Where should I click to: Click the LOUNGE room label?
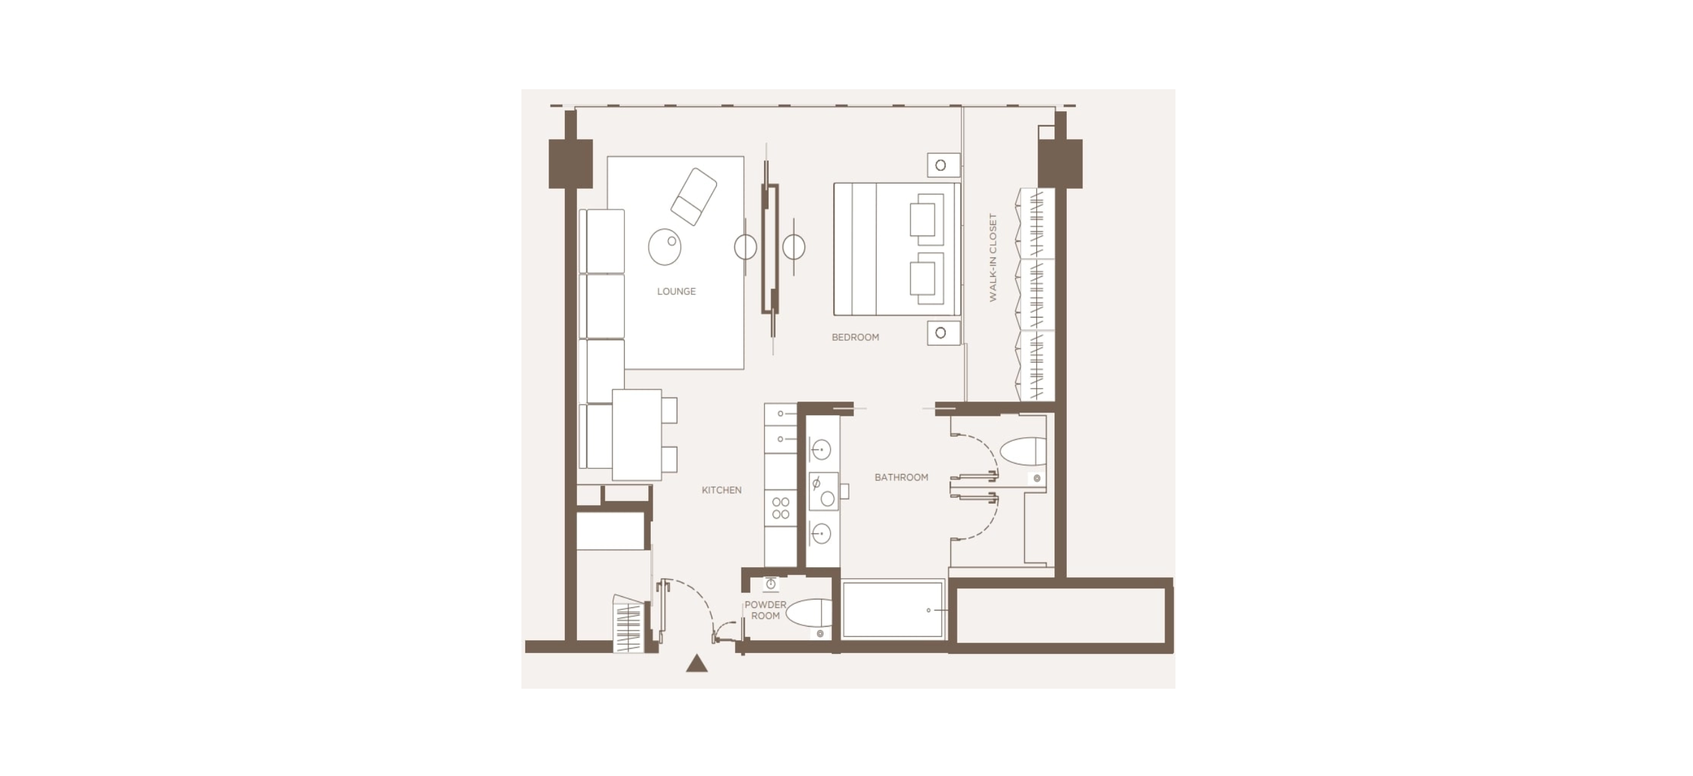coord(676,291)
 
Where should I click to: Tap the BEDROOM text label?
coord(855,337)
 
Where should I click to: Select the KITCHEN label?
coord(721,490)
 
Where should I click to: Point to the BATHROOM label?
coord(901,478)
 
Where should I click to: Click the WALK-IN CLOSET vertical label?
coord(992,257)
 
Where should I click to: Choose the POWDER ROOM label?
coord(765,610)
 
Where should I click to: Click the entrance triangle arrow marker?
coord(697,663)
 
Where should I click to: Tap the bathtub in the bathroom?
coord(893,609)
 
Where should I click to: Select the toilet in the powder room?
coord(808,612)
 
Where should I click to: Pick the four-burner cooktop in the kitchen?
coord(781,508)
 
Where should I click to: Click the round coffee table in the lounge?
coord(664,246)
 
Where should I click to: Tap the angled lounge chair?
coord(694,197)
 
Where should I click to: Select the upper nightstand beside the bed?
coord(943,165)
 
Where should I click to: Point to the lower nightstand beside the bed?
coord(943,333)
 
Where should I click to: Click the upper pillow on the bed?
coord(923,219)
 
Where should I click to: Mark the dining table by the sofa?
coord(637,435)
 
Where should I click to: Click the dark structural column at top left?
coord(571,164)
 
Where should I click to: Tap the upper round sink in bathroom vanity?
coord(821,449)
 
